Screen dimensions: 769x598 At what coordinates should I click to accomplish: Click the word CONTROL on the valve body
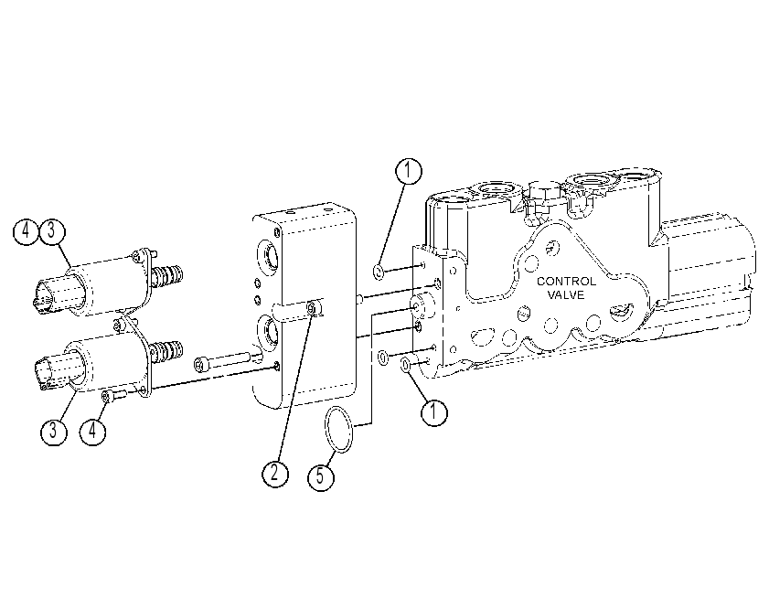(566, 281)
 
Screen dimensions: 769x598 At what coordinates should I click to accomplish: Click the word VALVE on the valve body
(566, 294)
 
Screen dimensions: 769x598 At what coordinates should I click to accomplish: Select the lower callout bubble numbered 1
(434, 412)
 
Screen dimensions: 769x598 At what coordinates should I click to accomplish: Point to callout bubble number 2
(275, 474)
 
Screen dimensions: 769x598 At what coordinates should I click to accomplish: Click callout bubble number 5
(321, 476)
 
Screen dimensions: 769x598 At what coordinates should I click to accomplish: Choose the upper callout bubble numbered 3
(52, 231)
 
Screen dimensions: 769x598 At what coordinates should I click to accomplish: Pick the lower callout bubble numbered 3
(53, 432)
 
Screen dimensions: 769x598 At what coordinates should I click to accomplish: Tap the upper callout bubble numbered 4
(26, 231)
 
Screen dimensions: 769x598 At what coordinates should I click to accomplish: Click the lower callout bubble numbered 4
(92, 432)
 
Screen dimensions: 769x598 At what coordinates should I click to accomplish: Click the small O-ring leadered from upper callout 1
(379, 272)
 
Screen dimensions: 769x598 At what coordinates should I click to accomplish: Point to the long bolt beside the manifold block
(223, 360)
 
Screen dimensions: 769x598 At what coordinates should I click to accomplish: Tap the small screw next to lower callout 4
(112, 395)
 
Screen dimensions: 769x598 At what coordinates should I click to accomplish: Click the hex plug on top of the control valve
(543, 196)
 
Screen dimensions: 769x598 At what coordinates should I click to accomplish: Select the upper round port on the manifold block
(266, 257)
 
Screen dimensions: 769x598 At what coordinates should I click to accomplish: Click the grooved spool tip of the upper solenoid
(167, 276)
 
